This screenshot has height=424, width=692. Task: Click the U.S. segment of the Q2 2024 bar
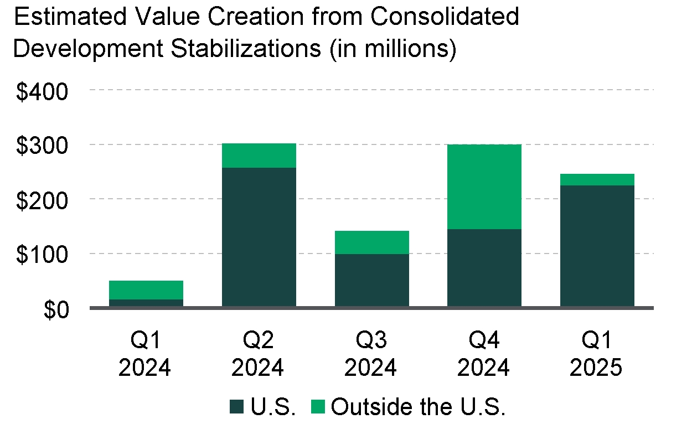tap(259, 236)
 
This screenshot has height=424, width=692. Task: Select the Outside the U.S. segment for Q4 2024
tap(484, 187)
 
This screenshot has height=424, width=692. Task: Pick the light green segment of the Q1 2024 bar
tap(146, 290)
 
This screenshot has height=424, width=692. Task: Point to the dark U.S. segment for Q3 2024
tap(372, 280)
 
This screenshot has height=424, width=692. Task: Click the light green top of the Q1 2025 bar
tap(597, 179)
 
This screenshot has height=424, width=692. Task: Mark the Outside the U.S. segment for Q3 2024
tap(372, 242)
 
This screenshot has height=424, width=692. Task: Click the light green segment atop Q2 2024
tap(259, 156)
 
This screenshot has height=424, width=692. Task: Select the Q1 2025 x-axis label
tap(597, 354)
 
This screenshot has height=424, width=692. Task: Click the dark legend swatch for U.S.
tap(237, 407)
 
